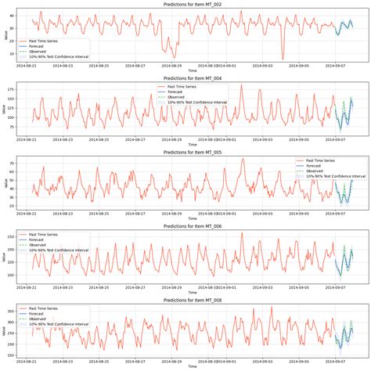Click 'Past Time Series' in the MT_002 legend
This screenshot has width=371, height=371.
(x=48, y=38)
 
